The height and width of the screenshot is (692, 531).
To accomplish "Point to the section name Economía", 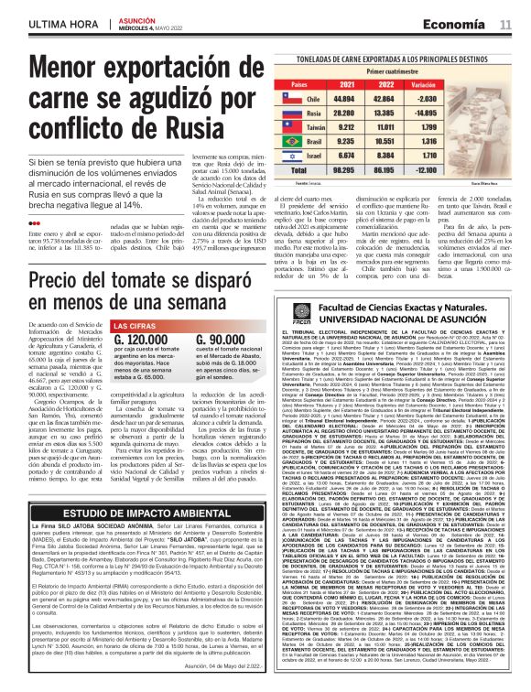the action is coord(460,23).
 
